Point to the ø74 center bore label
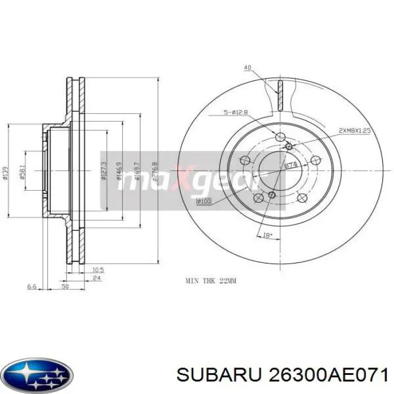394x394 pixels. tap(290, 165)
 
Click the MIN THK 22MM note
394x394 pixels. tap(212, 279)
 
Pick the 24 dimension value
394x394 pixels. tap(96, 278)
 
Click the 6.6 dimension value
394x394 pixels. tap(32, 287)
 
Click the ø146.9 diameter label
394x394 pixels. tap(119, 170)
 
